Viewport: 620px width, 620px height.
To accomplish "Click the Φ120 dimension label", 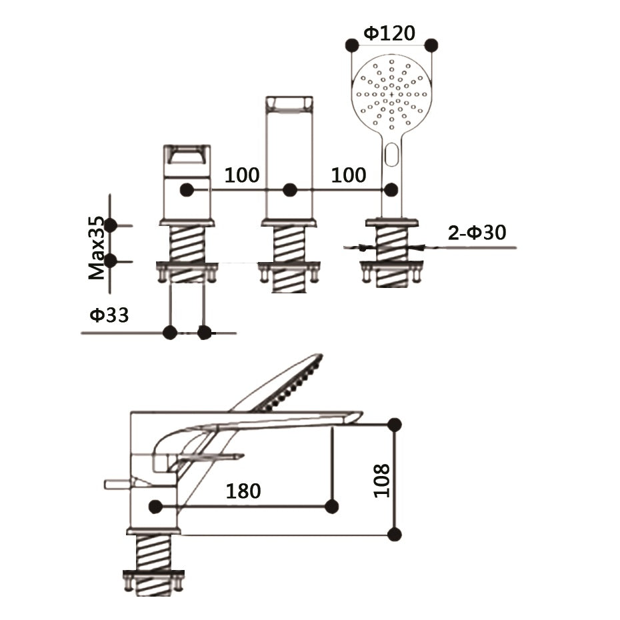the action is tap(389, 33).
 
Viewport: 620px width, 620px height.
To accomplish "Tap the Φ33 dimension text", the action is tap(109, 315).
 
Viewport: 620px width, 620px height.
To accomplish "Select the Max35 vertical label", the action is tap(97, 248).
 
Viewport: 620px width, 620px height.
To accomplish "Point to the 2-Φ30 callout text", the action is tap(477, 232).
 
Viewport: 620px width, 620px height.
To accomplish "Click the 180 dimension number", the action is tap(243, 491).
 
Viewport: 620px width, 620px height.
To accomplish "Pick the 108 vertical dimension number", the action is tap(381, 481).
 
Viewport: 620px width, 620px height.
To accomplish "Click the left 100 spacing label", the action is tap(242, 175).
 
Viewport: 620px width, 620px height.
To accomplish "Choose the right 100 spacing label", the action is tap(349, 175).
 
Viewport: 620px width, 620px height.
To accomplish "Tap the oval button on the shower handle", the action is tap(392, 155).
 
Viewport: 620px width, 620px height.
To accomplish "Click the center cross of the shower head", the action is tap(392, 95).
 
